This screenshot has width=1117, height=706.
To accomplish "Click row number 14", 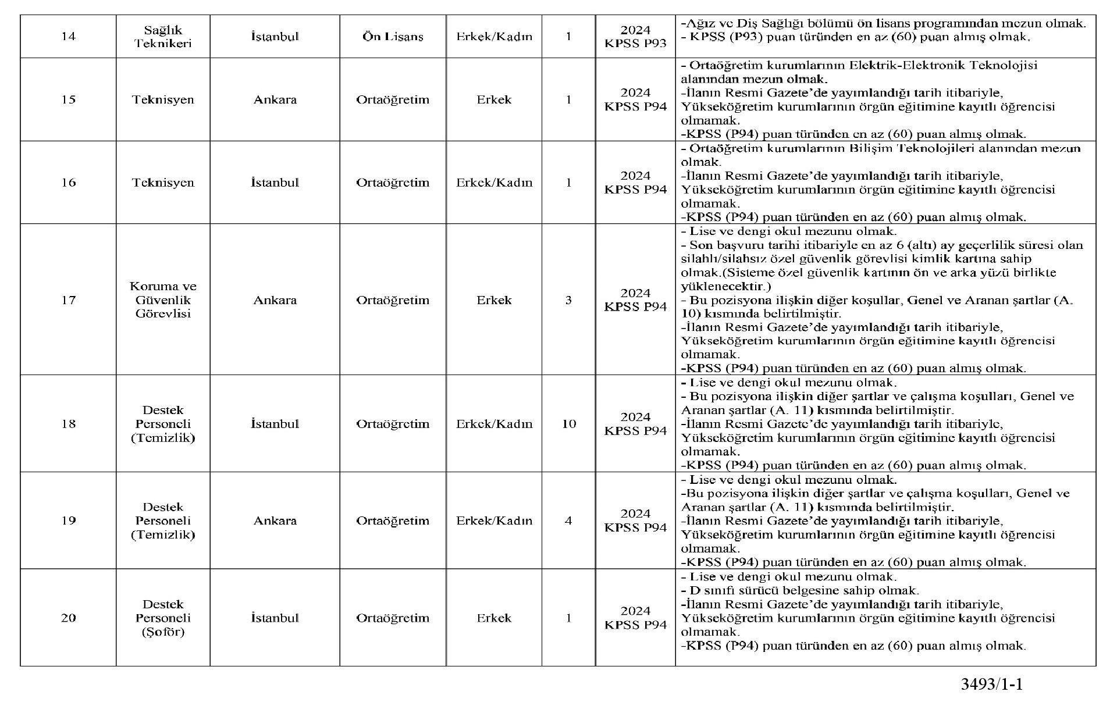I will pyautogui.click(x=68, y=37).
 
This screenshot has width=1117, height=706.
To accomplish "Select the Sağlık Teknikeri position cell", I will pyautogui.click(x=163, y=37).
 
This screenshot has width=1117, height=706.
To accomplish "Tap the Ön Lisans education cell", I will pyautogui.click(x=393, y=37).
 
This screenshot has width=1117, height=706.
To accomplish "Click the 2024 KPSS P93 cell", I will pyautogui.click(x=635, y=37).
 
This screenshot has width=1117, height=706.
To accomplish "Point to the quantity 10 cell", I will pyautogui.click(x=568, y=424).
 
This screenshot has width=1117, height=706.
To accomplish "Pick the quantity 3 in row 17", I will pyautogui.click(x=568, y=300).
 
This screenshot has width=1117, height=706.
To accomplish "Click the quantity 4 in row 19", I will pyautogui.click(x=568, y=520).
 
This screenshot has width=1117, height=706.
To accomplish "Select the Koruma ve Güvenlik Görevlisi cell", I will pyautogui.click(x=163, y=300).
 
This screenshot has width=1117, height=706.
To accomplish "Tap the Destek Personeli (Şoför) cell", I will pyautogui.click(x=163, y=618).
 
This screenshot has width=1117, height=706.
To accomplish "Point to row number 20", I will pyautogui.click(x=68, y=618).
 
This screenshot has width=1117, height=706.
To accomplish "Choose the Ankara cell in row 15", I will pyautogui.click(x=275, y=99).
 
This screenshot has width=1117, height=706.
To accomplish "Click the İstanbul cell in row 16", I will pyautogui.click(x=275, y=183).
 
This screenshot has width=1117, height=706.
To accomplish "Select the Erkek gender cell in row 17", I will pyautogui.click(x=494, y=300).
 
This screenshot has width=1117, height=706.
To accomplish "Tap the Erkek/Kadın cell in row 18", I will pyautogui.click(x=494, y=424).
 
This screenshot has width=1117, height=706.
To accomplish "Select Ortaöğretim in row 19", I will pyautogui.click(x=393, y=520).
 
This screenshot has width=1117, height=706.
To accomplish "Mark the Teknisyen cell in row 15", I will pyautogui.click(x=163, y=99).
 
